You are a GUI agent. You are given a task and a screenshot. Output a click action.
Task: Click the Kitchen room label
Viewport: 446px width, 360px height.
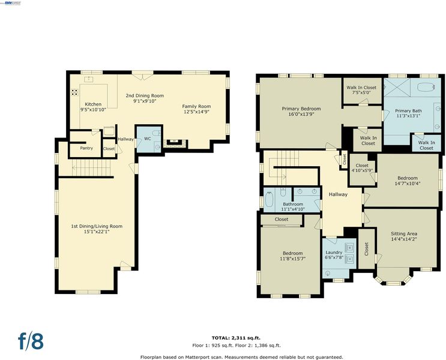pyautogui.click(x=93, y=104)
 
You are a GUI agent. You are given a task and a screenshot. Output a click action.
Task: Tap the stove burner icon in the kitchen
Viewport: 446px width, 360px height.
pyautogui.click(x=74, y=92)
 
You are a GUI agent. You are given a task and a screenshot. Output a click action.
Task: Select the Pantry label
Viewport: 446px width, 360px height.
pyautogui.click(x=86, y=148)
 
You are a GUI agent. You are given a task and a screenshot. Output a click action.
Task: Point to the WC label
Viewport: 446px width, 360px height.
pyautogui.click(x=147, y=139)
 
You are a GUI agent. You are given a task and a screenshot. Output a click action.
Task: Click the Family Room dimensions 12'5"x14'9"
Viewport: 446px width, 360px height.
pyautogui.click(x=196, y=112)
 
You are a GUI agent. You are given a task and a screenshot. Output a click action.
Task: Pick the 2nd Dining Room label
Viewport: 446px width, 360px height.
pyautogui.click(x=145, y=95)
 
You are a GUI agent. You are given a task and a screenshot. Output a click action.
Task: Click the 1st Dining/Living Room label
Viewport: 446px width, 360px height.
pyautogui.click(x=97, y=226)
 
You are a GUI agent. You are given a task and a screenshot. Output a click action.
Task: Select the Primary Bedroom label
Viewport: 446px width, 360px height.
pyautogui.click(x=301, y=109)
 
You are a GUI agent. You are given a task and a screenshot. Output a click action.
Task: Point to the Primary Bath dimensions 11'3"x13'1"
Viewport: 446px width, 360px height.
pyautogui.click(x=408, y=116)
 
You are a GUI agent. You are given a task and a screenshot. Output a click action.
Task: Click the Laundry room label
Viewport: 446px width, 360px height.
pyautogui.click(x=334, y=252)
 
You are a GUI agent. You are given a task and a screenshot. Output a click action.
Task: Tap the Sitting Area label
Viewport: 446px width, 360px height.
pyautogui.click(x=404, y=234)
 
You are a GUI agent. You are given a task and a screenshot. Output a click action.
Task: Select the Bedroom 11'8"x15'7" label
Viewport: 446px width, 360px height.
pyautogui.click(x=293, y=256)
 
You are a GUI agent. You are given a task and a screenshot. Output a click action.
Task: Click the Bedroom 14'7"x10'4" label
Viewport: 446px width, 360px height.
pyautogui.click(x=408, y=181)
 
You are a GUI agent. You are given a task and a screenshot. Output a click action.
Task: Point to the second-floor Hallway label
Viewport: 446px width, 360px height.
pyautogui.click(x=338, y=194)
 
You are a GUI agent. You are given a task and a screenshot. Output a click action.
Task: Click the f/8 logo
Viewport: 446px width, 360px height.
pyautogui.click(x=31, y=341)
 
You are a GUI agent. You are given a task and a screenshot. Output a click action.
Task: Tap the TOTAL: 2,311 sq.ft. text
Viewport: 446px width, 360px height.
pyautogui.click(x=236, y=338)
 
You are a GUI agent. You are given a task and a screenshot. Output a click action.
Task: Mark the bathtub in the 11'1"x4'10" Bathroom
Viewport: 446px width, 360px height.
pyautogui.click(x=269, y=200)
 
